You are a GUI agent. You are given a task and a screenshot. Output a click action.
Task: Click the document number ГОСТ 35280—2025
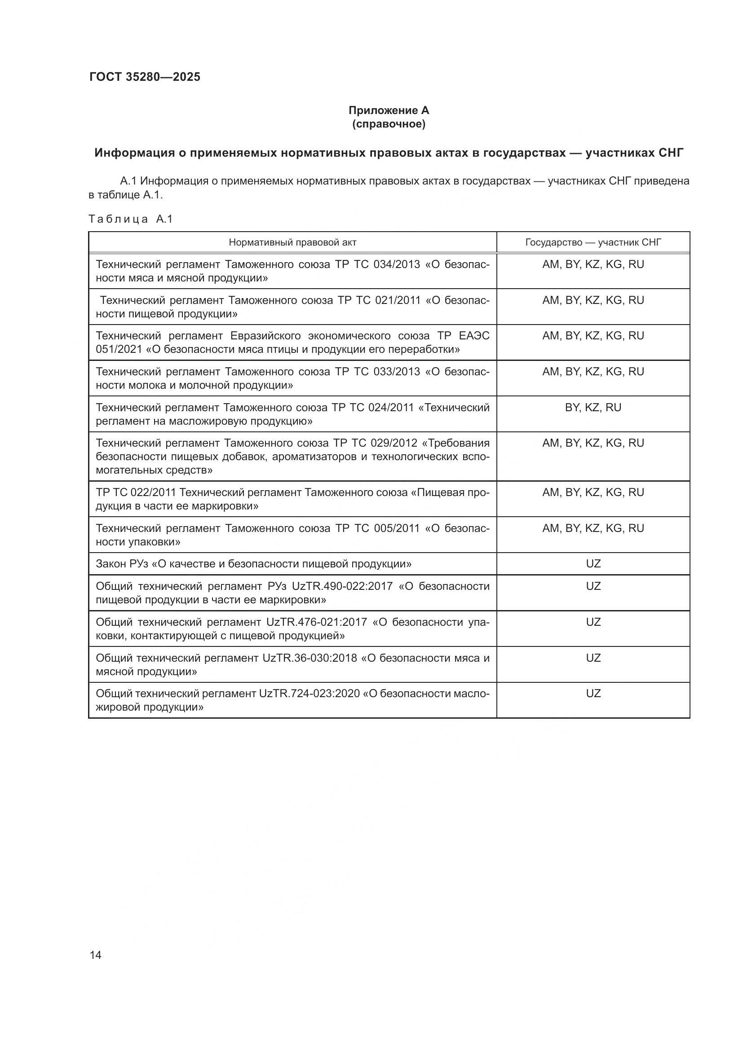point(145,77)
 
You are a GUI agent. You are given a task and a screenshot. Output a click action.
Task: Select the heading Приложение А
point(389,110)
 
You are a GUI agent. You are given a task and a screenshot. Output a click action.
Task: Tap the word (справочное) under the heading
point(389,124)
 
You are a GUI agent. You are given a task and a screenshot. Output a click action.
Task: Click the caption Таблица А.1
point(130,219)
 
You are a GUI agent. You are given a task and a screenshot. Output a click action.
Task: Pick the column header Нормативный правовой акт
point(292,242)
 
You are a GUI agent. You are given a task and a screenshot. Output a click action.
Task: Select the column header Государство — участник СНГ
point(593,242)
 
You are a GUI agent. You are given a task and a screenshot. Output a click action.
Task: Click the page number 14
point(96,955)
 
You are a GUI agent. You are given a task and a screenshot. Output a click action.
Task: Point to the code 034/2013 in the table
point(396,264)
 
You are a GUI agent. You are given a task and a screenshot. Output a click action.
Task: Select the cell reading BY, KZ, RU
point(593,408)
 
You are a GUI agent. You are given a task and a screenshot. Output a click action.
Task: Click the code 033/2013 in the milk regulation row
point(396,372)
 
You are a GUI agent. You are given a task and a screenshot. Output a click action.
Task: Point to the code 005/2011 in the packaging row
point(396,529)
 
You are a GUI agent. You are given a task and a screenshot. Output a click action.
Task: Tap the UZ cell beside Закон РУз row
point(593,564)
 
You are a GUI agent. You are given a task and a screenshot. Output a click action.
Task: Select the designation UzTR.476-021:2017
point(316,622)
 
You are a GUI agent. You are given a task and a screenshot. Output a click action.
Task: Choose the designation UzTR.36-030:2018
point(310,658)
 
